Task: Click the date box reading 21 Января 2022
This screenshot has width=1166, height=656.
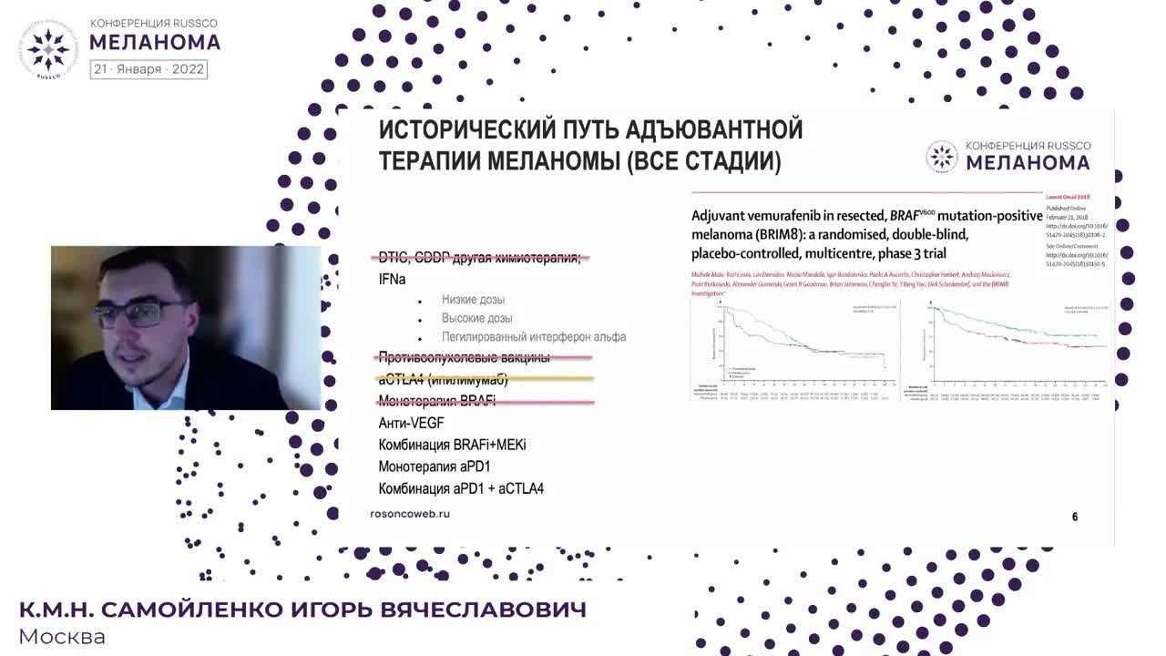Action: (148, 69)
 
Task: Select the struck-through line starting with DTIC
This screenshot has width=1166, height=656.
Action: (479, 258)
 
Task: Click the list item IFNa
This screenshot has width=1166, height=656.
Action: (392, 280)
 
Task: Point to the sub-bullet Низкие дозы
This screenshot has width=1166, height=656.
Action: (473, 300)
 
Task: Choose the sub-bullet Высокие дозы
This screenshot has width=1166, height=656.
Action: (476, 318)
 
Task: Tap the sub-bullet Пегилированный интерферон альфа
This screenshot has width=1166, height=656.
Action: (534, 337)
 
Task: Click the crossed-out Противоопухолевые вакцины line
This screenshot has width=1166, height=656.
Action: (464, 357)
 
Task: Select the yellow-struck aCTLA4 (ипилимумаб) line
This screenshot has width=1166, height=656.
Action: (443, 379)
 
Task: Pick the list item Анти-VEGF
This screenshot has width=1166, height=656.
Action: (411, 423)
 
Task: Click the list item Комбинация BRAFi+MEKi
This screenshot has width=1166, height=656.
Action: (452, 446)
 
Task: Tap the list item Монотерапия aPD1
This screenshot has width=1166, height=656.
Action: (435, 467)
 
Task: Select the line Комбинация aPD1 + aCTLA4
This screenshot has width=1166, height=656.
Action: (461, 489)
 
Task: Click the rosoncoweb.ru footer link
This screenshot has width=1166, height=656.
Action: (410, 514)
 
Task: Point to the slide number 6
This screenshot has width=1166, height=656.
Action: (1075, 517)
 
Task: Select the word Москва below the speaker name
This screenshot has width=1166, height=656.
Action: (62, 637)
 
